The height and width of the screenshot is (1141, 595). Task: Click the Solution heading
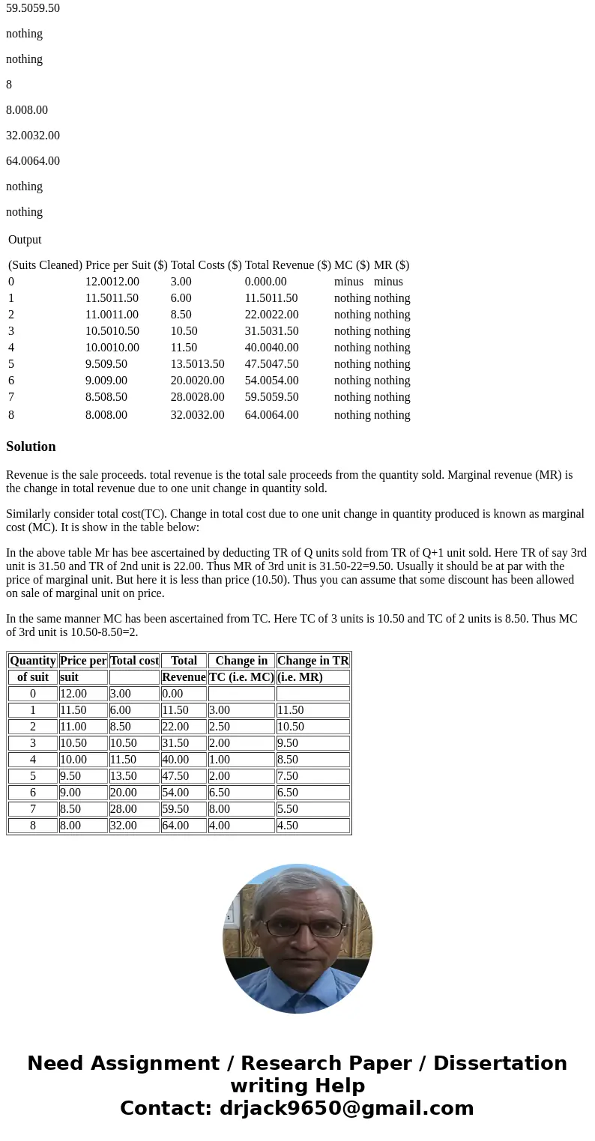pos(31,447)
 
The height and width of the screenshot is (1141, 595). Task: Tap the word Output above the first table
pos(25,240)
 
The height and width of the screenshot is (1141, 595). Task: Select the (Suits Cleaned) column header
pos(45,265)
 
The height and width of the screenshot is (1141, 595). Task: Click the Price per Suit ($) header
pos(127,265)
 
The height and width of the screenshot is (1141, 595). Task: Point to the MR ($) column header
pos(391,265)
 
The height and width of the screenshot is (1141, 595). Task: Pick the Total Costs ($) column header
pos(206,265)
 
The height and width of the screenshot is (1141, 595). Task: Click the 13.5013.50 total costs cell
pos(197,364)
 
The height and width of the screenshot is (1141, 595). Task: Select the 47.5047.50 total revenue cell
pos(271,364)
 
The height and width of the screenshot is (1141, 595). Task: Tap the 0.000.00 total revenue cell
pos(265,282)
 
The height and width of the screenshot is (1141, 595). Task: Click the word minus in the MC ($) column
pos(348,282)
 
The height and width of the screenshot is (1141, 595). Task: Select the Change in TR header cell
pos(312,661)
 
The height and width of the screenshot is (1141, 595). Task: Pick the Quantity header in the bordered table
pos(33,661)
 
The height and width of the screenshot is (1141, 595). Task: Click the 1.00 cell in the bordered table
pos(220,760)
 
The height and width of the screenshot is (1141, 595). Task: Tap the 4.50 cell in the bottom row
pos(288,826)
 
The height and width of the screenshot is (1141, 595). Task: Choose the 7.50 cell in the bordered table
pos(288,776)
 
